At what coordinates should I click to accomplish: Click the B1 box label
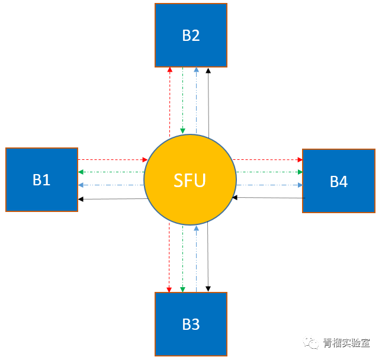point(41,180)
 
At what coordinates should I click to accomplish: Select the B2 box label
point(191,36)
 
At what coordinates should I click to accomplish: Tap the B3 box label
point(191,324)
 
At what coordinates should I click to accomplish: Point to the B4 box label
point(339,182)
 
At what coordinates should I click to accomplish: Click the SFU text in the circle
point(190,180)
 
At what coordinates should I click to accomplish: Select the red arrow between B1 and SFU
point(112,159)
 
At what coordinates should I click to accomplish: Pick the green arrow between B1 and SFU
point(112,172)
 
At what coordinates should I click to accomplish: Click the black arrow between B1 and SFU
point(112,199)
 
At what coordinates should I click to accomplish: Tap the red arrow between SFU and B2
point(170,101)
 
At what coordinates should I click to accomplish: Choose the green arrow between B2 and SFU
point(183,101)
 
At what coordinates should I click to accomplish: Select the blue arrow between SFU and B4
point(269,185)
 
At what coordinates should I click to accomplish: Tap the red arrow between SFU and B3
point(169,258)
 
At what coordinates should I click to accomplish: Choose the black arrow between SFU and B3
point(208,258)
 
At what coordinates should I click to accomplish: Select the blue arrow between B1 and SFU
point(112,185)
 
